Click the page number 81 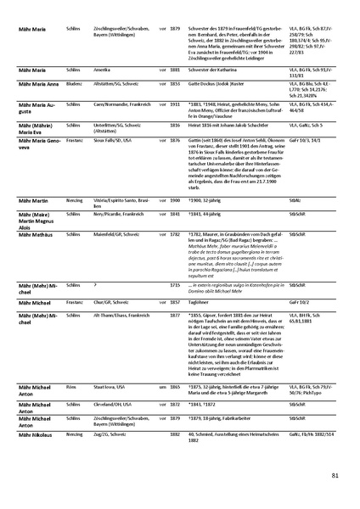[335, 475]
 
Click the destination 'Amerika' [101, 92]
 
